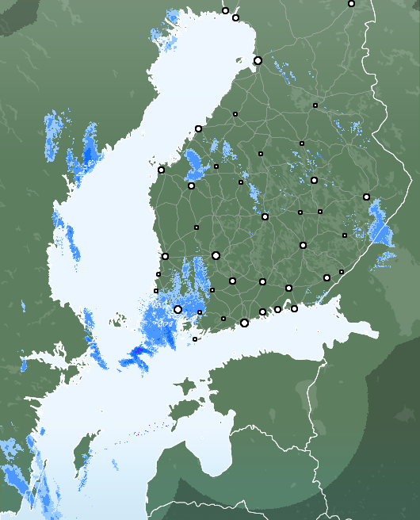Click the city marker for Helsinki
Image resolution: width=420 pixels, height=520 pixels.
point(244,323)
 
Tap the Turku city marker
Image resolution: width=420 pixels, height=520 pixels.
point(178,309)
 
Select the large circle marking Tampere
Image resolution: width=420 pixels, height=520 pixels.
point(216,255)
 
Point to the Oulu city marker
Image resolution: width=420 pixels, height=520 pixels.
point(258,60)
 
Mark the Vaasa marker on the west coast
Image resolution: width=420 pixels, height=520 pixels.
point(161,170)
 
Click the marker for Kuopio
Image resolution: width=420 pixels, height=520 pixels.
point(314,180)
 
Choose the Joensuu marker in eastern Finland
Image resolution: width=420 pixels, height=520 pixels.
point(366,197)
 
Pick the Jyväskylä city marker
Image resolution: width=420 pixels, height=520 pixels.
point(265,216)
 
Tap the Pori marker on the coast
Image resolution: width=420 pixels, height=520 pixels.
point(165,256)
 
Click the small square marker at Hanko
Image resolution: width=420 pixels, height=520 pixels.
point(195,339)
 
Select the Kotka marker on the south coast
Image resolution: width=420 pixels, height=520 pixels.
point(294,308)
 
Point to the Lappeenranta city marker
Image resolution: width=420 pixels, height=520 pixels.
point(326,277)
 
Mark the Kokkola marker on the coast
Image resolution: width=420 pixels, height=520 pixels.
point(198,128)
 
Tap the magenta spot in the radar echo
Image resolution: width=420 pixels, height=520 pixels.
point(138,350)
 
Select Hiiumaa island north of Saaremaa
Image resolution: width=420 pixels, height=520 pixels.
point(185,387)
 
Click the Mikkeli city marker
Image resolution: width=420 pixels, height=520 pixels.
point(303,245)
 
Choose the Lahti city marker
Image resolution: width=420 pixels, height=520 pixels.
point(262,281)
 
